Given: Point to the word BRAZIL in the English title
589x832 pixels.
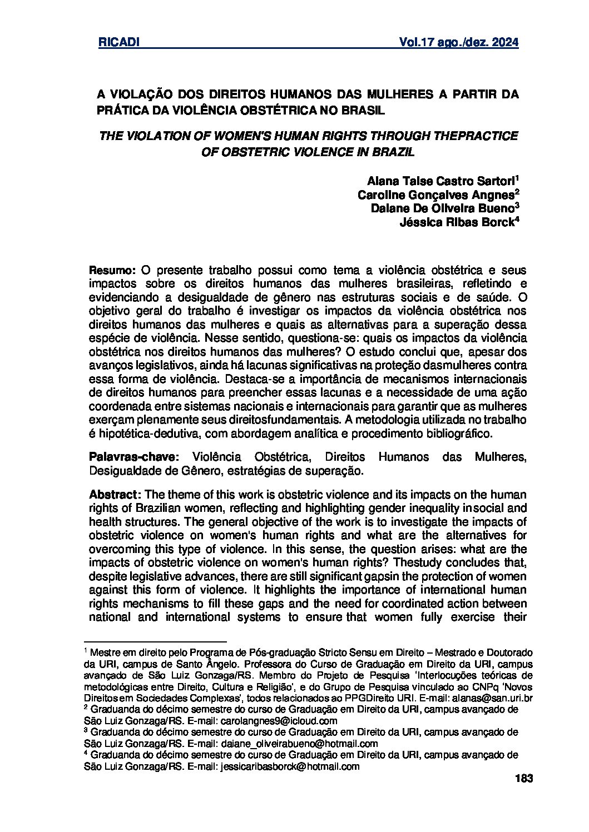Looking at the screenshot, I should click(x=396, y=151).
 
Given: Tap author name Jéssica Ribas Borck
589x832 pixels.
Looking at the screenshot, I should click(x=457, y=222).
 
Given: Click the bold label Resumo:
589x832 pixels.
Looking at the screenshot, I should click(x=113, y=271).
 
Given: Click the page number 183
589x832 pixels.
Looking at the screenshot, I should click(x=524, y=779).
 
